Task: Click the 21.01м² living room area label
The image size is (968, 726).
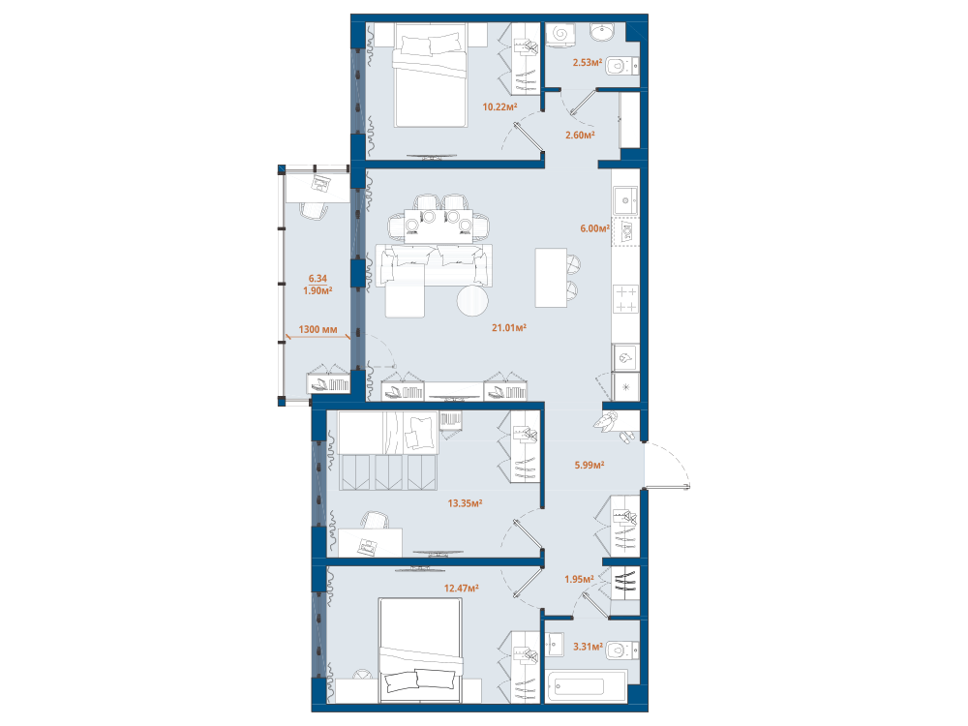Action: click(509, 328)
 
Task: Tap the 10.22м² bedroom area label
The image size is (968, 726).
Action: click(499, 106)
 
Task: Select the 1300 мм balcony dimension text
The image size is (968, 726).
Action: click(318, 329)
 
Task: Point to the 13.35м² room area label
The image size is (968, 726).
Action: click(465, 503)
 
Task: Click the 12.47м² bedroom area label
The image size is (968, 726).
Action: click(461, 589)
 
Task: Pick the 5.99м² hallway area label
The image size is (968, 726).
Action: click(589, 465)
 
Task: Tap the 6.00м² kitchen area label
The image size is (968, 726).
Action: click(594, 228)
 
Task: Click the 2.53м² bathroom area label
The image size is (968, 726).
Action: click(588, 62)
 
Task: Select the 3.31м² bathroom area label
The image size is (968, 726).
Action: click(588, 647)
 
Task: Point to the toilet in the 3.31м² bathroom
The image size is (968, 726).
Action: click(622, 650)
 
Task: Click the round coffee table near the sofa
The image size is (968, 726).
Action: click(472, 301)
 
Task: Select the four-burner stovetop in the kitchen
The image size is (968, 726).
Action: click(626, 299)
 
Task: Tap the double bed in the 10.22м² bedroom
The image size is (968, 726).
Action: click(430, 76)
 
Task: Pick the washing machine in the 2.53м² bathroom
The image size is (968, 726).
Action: click(560, 33)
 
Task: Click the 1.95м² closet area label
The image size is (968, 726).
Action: click(579, 579)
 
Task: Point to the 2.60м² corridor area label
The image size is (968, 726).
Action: click(580, 135)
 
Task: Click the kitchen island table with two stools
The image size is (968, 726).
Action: click(551, 278)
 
